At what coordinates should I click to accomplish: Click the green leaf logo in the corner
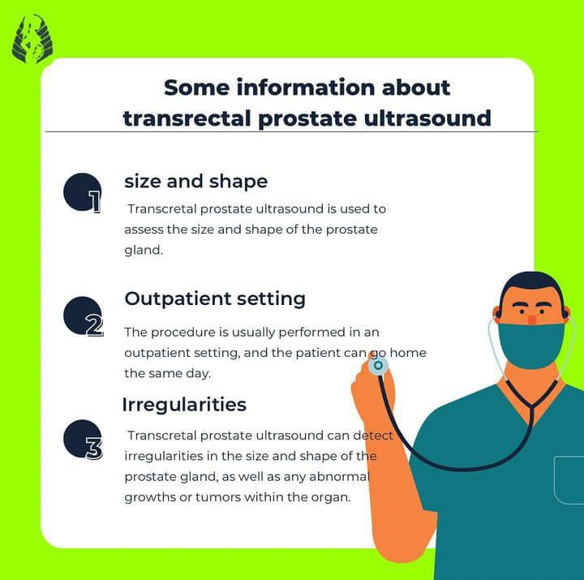pyautogui.click(x=32, y=38)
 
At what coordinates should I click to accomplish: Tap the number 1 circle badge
pyautogui.click(x=82, y=192)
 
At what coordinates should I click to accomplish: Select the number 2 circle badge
pyautogui.click(x=83, y=316)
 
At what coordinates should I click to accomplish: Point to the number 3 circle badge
pyautogui.click(x=83, y=439)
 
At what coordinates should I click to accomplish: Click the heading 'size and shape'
pyautogui.click(x=196, y=182)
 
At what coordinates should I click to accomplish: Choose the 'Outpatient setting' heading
pyautogui.click(x=215, y=299)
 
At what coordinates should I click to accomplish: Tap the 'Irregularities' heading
pyautogui.click(x=184, y=405)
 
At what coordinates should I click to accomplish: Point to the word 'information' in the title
pyautogui.click(x=306, y=88)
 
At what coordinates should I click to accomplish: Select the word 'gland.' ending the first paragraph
pyautogui.click(x=144, y=250)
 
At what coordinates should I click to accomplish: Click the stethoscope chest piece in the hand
pyautogui.click(x=378, y=365)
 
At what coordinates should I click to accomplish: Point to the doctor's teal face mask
pyautogui.click(x=531, y=346)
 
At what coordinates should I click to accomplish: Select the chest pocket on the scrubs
pyautogui.click(x=569, y=479)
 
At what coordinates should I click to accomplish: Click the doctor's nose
pyautogui.click(x=532, y=320)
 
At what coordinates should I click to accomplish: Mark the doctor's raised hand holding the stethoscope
pyautogui.click(x=373, y=389)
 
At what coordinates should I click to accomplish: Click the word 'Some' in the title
pyautogui.click(x=196, y=88)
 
